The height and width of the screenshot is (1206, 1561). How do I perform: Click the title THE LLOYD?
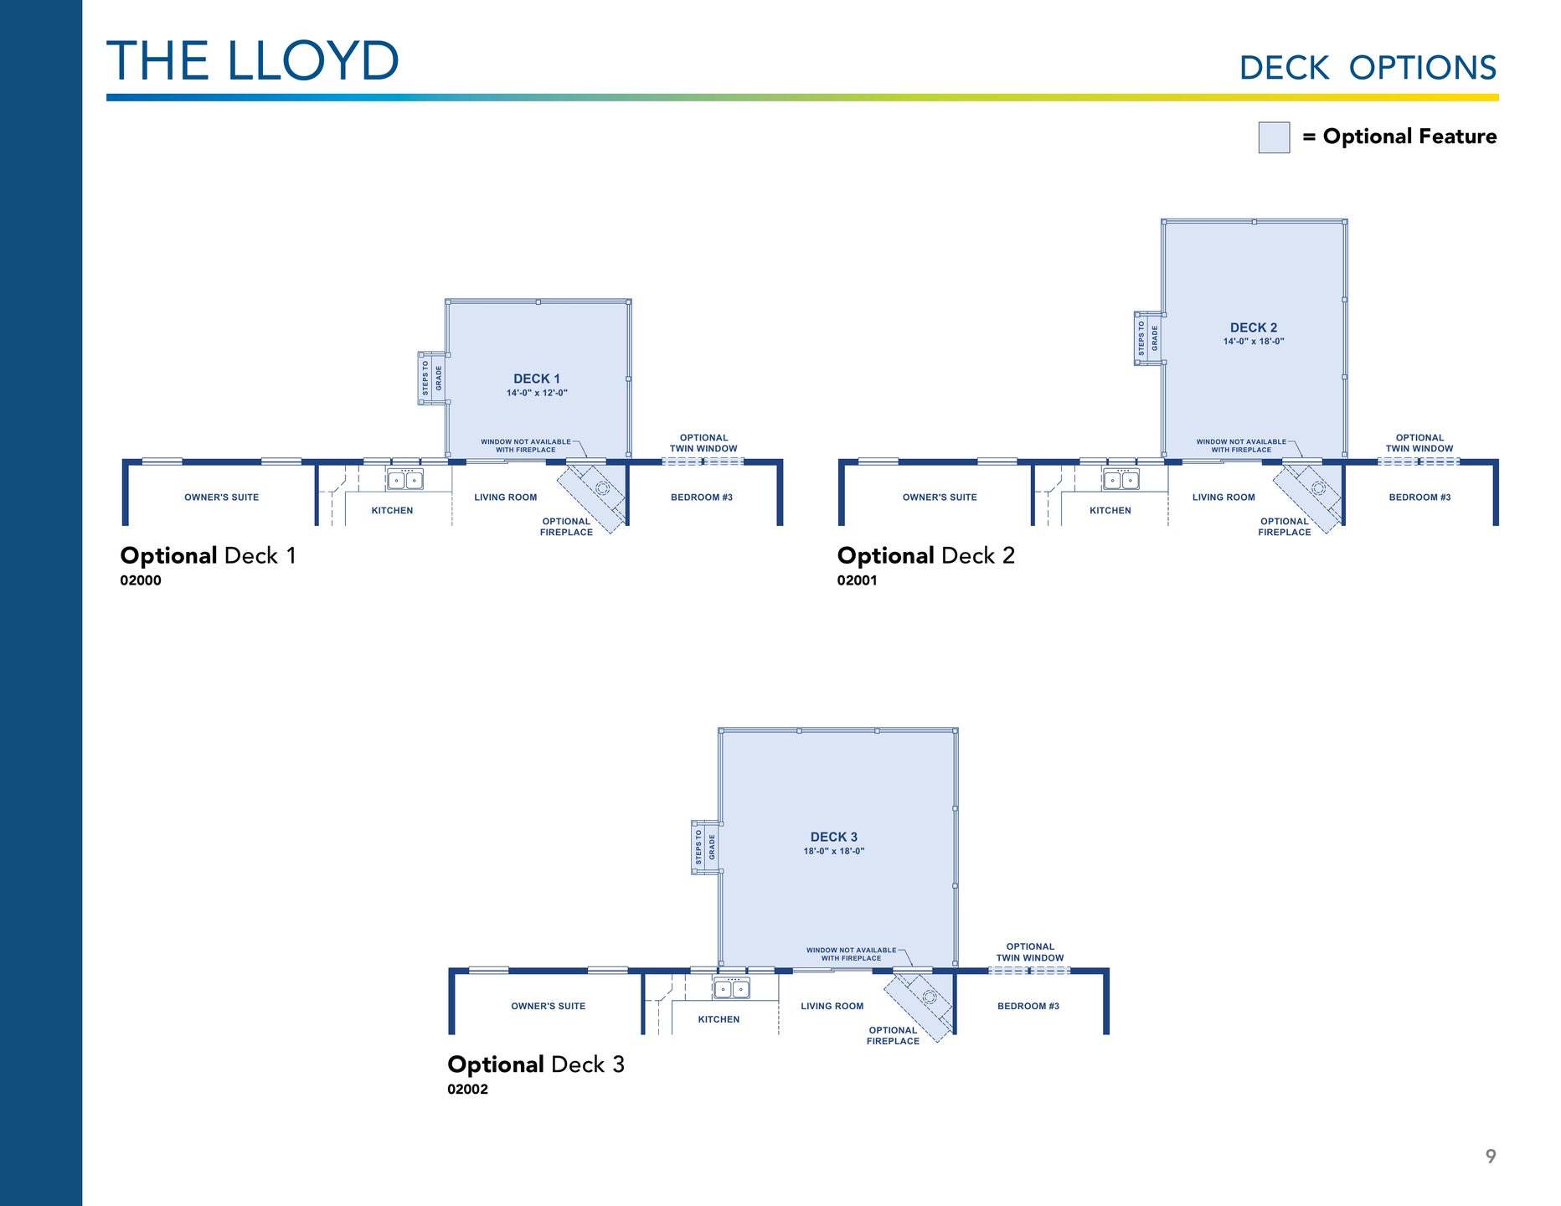tap(252, 61)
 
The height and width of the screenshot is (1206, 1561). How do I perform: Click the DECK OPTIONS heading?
tap(1367, 68)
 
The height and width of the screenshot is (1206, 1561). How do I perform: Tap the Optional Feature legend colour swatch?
tap(1273, 137)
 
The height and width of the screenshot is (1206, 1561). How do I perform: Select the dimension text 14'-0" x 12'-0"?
tap(537, 393)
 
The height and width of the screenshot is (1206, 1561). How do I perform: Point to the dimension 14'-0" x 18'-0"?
tap(1253, 342)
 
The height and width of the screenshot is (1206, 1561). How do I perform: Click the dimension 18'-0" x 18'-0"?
tap(833, 851)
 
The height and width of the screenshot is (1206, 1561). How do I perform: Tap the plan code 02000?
tap(141, 580)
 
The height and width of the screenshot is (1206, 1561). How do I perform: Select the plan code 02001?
tap(857, 580)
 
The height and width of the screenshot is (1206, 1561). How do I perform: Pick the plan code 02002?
tap(467, 1090)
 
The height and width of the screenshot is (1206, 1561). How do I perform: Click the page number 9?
tap(1490, 1157)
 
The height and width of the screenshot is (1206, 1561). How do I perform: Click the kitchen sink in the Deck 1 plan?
tap(405, 480)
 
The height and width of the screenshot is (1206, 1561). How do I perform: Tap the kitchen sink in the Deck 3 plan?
tap(732, 989)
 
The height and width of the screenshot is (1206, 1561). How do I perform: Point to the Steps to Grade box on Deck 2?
tap(1147, 338)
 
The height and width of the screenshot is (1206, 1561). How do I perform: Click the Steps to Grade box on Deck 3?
tap(704, 848)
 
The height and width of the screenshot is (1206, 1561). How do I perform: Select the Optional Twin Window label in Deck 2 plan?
tap(1419, 443)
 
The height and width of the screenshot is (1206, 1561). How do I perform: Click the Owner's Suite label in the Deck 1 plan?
tap(221, 497)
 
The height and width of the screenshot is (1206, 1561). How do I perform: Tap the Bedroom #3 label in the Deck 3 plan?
tap(1028, 1007)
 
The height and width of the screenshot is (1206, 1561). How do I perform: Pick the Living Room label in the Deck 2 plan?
tap(1223, 497)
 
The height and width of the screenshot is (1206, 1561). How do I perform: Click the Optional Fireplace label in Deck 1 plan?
tap(566, 527)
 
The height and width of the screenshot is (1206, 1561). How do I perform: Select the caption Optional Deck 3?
tap(536, 1064)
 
